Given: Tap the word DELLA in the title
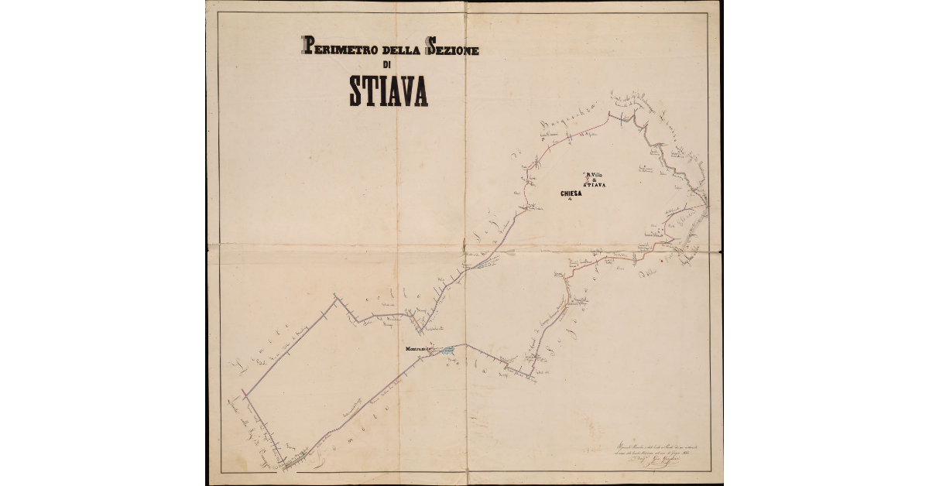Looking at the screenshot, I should (x=396, y=50).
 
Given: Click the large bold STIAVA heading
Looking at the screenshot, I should (x=388, y=92).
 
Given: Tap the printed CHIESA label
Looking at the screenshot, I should (x=570, y=193).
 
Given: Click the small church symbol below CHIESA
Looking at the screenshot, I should (x=571, y=200).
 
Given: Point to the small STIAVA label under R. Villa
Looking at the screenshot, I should (x=595, y=186).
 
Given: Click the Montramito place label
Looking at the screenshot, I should (x=419, y=349).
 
